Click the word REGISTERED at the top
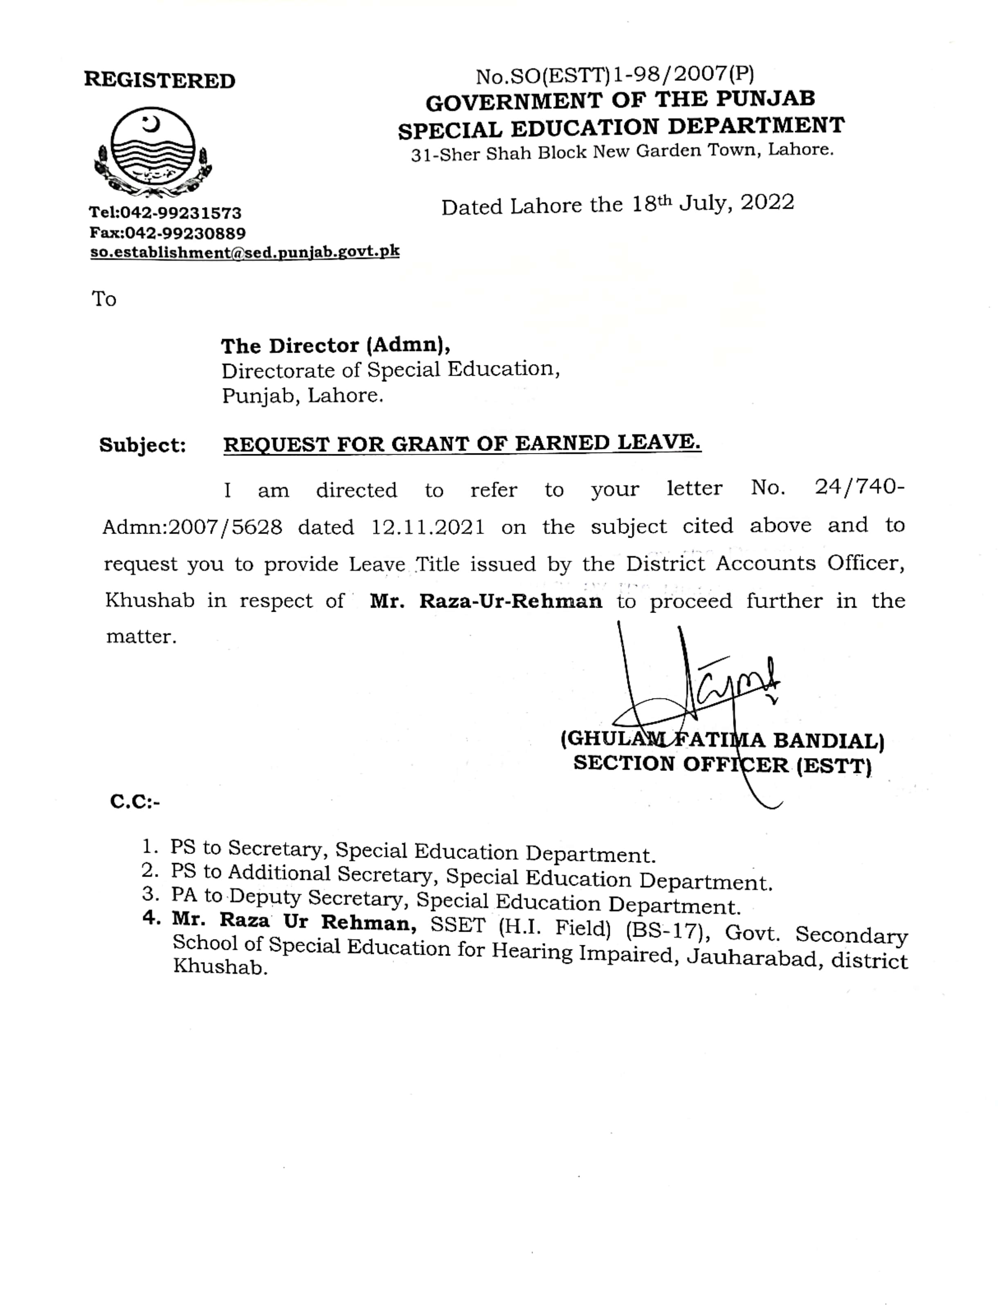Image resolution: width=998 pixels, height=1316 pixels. pyautogui.click(x=160, y=80)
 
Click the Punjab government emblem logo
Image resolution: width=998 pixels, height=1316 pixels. pyautogui.click(x=153, y=152)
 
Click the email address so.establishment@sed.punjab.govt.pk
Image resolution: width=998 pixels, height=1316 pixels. pyautogui.click(x=245, y=252)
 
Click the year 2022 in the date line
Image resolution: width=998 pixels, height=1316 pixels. pyautogui.click(x=767, y=203)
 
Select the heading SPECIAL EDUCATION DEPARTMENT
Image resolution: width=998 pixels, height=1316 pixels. pyautogui.click(x=621, y=127)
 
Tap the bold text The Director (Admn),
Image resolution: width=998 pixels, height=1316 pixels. pyautogui.click(x=335, y=345)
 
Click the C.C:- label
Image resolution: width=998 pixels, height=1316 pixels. pyautogui.click(x=135, y=802)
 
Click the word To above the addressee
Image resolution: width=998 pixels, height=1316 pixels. pyautogui.click(x=103, y=299)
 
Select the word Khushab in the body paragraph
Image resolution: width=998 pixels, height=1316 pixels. pyautogui.click(x=150, y=601)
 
